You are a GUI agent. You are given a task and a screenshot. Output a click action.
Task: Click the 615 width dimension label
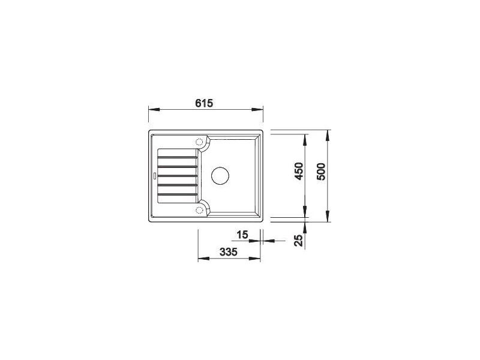click(x=204, y=103)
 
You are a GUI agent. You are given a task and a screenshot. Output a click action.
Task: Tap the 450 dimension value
click(x=298, y=171)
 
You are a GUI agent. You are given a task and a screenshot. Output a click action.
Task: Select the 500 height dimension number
click(x=320, y=172)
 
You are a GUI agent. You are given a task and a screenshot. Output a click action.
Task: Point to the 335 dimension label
click(x=229, y=252)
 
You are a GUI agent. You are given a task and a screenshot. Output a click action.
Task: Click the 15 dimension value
click(x=242, y=235)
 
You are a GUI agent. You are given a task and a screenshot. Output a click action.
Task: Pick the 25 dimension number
click(x=298, y=241)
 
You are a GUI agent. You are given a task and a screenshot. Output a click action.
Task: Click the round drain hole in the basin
click(x=220, y=176)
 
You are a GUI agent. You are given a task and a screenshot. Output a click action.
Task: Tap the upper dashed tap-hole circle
click(x=199, y=142)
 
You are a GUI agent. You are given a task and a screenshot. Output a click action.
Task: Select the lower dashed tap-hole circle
click(x=199, y=209)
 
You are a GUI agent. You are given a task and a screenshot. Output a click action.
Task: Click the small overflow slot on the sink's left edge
click(x=155, y=176)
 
